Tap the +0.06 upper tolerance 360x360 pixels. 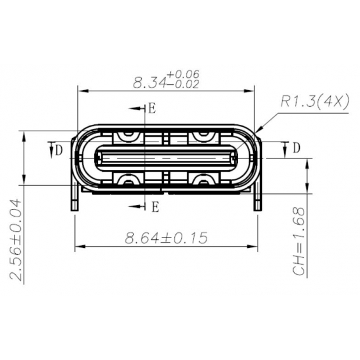pos(183,74)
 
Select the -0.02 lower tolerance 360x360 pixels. pos(183,84)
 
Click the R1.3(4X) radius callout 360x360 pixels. pos(314,102)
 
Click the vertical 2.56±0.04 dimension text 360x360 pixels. pos(17,240)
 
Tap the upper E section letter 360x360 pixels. pos(152,109)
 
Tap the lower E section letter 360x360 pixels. pos(154,206)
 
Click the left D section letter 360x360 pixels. pos(59,150)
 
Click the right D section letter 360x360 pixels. pos(296,148)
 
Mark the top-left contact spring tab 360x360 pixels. pos(127,136)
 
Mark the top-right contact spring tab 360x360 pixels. pos(202,136)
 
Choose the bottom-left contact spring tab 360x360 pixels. pos(127,179)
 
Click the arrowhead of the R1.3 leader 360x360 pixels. pos(256,131)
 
